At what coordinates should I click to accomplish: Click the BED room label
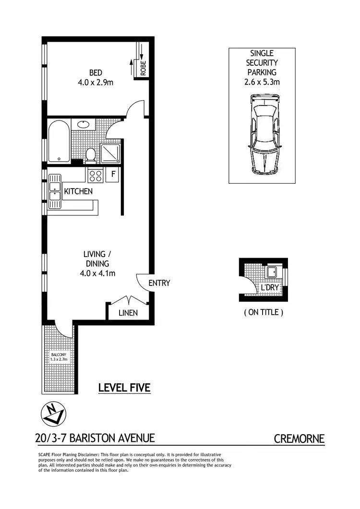(95, 73)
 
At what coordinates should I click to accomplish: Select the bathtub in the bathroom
(59, 142)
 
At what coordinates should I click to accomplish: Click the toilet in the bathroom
(90, 154)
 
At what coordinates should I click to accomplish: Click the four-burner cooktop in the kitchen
(95, 176)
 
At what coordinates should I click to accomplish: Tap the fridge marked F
(113, 174)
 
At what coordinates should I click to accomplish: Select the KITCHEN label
(78, 191)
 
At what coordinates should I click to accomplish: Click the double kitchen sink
(54, 191)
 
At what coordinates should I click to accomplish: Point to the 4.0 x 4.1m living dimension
(97, 273)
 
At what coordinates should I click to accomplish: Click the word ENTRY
(159, 283)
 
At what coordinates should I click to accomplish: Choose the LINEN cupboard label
(128, 313)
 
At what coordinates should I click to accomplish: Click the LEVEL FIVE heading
(124, 387)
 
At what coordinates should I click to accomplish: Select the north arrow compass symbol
(52, 413)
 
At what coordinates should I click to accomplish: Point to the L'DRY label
(270, 288)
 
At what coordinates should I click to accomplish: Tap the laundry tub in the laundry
(272, 272)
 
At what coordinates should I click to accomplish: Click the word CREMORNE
(299, 438)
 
